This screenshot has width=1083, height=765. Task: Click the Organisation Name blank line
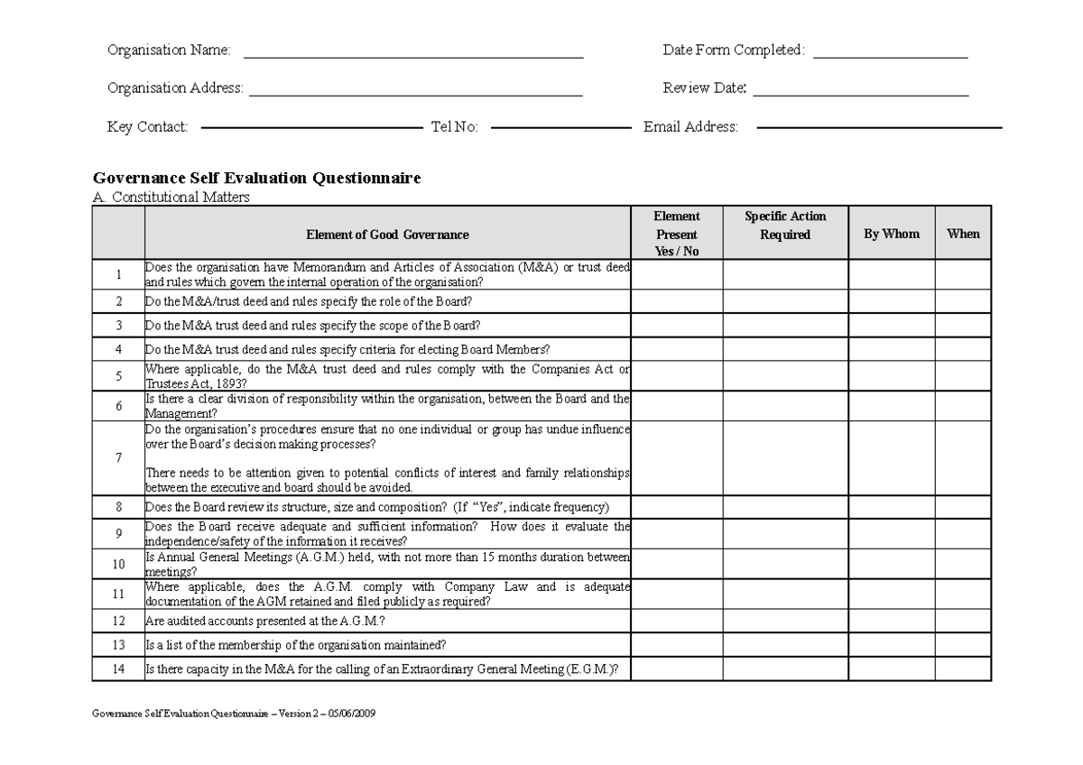pos(413,57)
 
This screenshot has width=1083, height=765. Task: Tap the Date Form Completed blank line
pos(890,57)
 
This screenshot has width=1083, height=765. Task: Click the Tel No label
pos(454,127)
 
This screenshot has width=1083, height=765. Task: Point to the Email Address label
pos(690,127)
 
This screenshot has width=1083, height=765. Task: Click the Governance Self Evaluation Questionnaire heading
pos(257,179)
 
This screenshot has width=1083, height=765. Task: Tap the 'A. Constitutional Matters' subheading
pos(171,197)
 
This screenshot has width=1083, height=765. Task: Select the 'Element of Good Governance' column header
pos(387,235)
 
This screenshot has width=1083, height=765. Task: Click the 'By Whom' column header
pos(891,234)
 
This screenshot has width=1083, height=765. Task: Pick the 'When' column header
pos(963,234)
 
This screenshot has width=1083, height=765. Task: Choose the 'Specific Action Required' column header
pos(784,226)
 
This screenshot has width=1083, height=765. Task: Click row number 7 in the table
pos(118,457)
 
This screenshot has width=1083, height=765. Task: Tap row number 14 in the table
pos(118,669)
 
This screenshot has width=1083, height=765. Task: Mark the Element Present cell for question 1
pos(676,274)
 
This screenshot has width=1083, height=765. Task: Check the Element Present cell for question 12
pos(676,621)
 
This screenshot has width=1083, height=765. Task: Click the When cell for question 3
pos(963,325)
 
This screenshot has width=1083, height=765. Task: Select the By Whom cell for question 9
pos(891,534)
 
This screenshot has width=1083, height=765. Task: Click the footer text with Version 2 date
pos(235,713)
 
